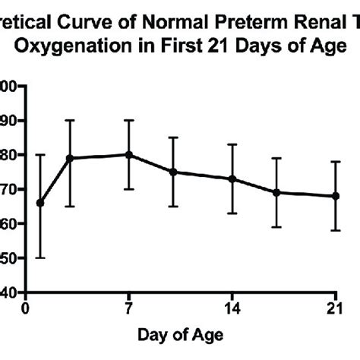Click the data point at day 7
point(128,154)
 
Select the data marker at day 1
point(40,203)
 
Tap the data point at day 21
point(335,195)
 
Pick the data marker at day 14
point(232,178)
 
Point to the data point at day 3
point(70,158)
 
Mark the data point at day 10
point(173,172)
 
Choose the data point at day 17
point(276,192)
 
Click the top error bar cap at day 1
point(40,155)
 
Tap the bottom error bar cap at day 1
point(40,257)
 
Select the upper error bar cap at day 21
point(335,161)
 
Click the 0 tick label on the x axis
point(26,308)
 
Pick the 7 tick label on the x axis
point(128,308)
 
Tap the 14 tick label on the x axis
point(232,308)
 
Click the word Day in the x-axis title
point(151,335)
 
